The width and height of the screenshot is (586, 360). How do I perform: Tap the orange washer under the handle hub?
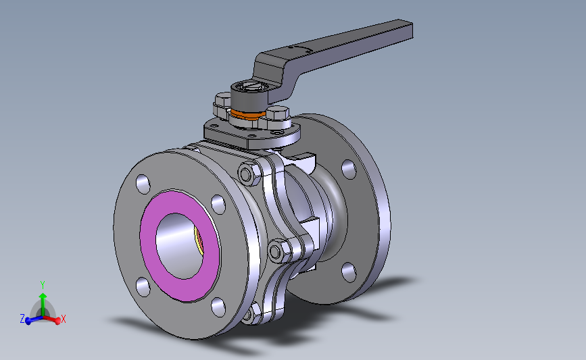(247, 114)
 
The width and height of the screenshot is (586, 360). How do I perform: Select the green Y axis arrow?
(43, 305)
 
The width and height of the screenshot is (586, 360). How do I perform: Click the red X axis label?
(63, 319)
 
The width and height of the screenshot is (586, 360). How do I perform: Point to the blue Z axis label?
(22, 319)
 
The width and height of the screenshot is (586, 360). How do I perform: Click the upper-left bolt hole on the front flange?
(143, 184)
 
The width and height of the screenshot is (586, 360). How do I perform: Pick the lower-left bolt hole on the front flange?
(143, 287)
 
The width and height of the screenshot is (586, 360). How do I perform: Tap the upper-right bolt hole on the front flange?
(218, 204)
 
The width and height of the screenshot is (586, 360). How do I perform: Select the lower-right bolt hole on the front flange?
(218, 307)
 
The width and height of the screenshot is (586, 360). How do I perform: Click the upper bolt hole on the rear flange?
(349, 169)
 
